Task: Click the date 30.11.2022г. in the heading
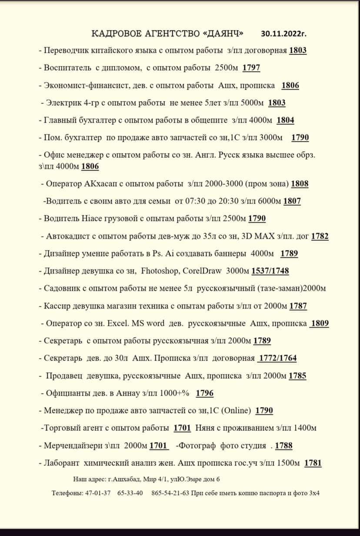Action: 287,33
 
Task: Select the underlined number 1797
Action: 251,68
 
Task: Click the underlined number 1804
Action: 285,120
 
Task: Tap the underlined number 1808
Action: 300,183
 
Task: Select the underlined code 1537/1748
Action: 270,271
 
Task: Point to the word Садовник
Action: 61,288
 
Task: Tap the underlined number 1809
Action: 320,323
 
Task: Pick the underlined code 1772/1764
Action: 277,358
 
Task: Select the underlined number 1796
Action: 204,393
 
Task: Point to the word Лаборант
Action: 61,463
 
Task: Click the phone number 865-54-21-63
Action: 170,493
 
